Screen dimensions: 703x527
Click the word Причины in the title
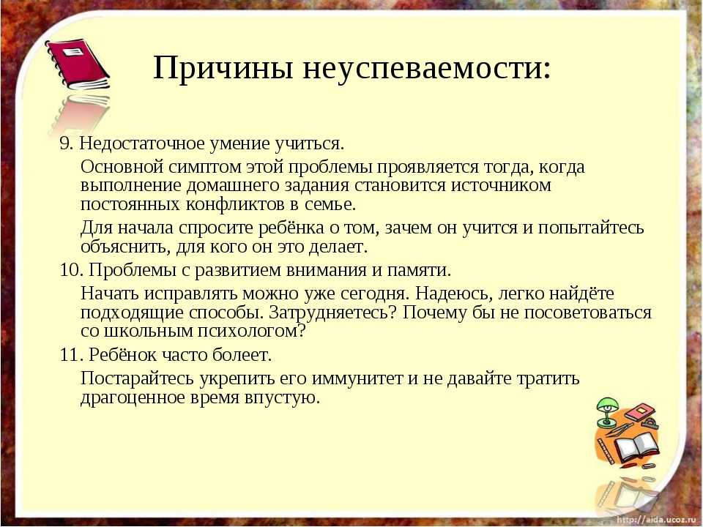point(223,69)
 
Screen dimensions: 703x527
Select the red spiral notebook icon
point(77,64)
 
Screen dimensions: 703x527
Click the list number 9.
point(65,143)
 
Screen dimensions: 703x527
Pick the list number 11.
point(71,355)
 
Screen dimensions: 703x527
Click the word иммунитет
point(357,379)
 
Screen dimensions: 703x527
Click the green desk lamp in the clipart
point(606,411)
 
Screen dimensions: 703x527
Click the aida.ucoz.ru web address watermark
point(656,520)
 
